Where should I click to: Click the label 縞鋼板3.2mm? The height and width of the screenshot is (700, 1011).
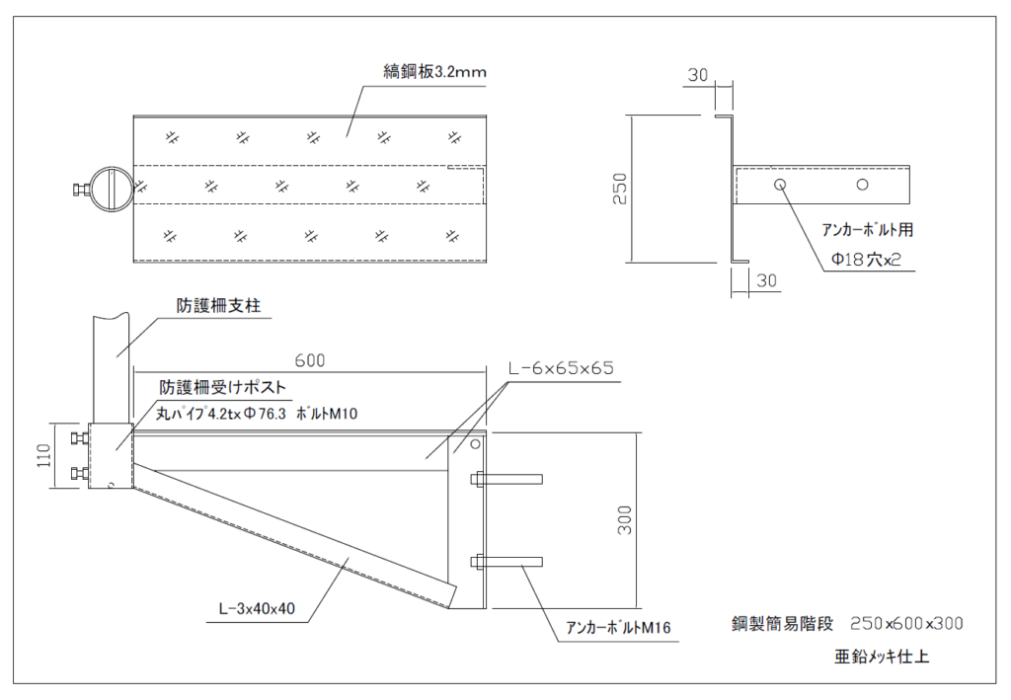(435, 72)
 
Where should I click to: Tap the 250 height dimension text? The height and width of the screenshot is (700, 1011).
(619, 189)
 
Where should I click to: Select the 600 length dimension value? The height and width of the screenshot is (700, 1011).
(308, 360)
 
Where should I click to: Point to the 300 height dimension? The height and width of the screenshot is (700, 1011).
(624, 520)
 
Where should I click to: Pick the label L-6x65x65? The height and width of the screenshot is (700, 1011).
(561, 367)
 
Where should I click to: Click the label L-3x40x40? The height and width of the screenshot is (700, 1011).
(257, 608)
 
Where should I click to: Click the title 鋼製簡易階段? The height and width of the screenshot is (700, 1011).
(783, 624)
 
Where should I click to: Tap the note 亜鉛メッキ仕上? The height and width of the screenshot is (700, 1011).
(881, 656)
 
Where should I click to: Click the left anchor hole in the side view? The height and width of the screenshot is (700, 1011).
(780, 184)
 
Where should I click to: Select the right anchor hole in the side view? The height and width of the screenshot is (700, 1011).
(862, 184)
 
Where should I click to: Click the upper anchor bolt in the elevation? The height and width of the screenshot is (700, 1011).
(507, 480)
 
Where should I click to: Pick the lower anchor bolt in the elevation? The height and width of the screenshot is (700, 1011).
(507, 563)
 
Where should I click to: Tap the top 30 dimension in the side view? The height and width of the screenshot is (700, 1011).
(698, 75)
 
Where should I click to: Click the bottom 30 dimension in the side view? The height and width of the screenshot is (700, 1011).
(766, 280)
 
